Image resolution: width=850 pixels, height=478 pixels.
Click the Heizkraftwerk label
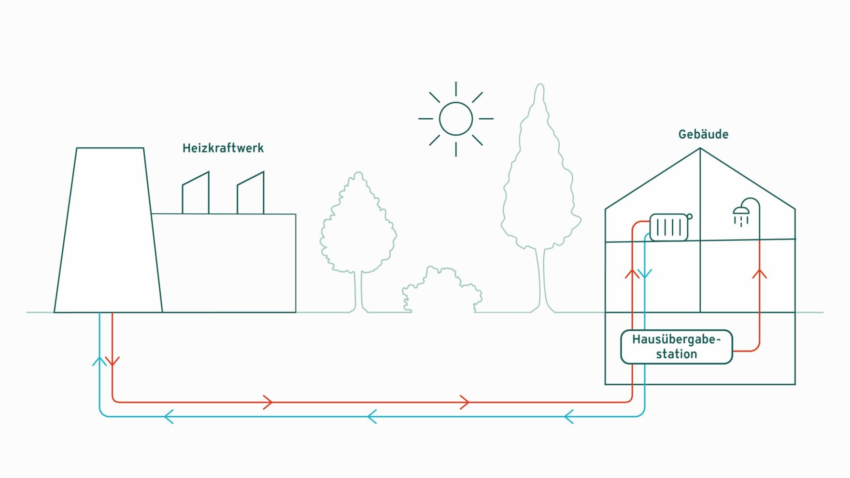coord(223,148)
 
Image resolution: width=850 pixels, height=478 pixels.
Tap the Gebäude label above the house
coord(703,134)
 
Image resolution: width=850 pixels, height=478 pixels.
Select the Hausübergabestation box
coord(676,347)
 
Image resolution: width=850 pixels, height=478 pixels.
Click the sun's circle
coord(456,119)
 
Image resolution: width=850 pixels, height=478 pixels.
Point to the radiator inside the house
coord(669,227)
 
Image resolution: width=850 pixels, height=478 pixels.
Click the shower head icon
coord(741,211)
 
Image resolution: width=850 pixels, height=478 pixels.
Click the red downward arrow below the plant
coord(113,361)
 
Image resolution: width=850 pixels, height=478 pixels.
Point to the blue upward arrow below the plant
coord(99,361)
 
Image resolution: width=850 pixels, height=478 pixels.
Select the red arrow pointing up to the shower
coord(760,274)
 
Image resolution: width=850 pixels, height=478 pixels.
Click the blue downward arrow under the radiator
coord(645,274)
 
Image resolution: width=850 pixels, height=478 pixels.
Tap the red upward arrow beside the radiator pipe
coord(632,274)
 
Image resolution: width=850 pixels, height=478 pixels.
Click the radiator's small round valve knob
coord(690,216)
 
